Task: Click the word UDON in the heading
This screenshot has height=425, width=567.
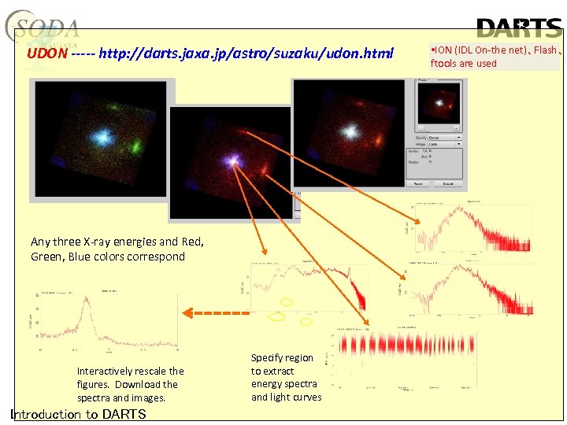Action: click(46, 54)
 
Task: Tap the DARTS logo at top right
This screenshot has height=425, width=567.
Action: click(519, 28)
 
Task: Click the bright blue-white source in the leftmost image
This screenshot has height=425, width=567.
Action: click(101, 138)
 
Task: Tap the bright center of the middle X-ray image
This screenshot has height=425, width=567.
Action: click(233, 161)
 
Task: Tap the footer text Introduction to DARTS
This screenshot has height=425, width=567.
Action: click(78, 414)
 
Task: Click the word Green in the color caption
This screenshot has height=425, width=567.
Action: click(47, 257)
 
